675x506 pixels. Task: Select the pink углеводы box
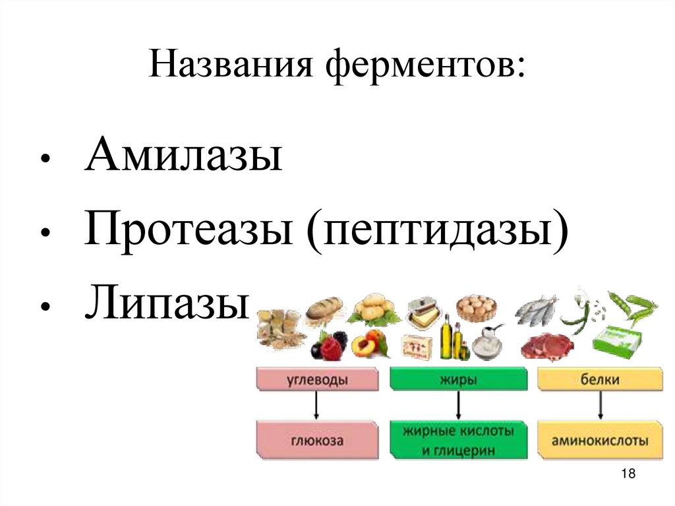[x=318, y=380]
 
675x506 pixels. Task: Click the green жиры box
[x=458, y=380]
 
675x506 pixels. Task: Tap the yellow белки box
[x=600, y=380]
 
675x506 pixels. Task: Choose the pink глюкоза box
[x=316, y=440]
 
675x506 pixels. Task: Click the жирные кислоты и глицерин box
[x=458, y=440]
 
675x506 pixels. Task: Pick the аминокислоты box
[x=600, y=440]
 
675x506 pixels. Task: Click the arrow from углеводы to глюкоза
[x=316, y=405]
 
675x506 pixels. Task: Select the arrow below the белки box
[x=600, y=405]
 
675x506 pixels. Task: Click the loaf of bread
[x=324, y=309]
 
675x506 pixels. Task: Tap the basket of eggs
[x=476, y=307]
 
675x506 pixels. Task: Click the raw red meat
[x=544, y=346]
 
